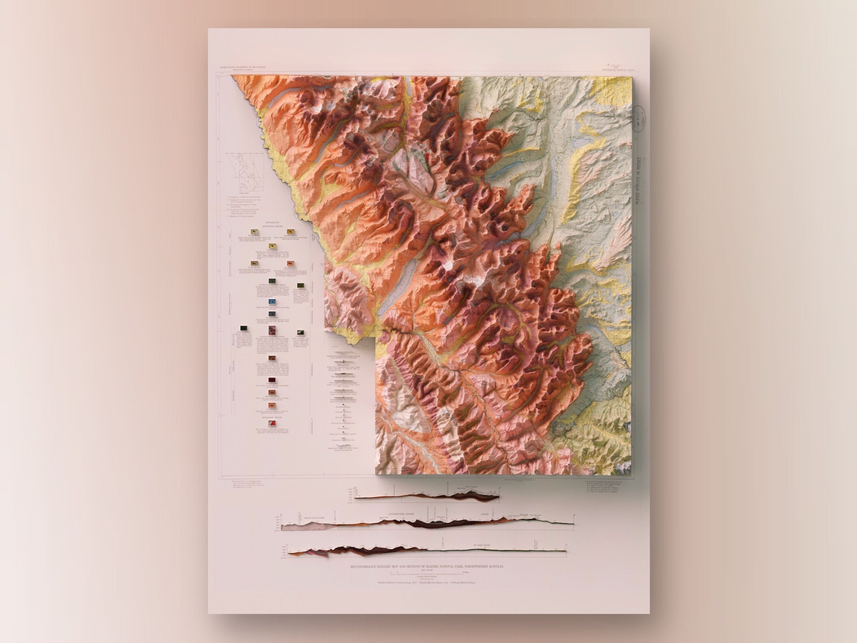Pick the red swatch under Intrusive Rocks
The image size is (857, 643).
click(272, 422)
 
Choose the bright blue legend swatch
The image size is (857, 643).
click(272, 303)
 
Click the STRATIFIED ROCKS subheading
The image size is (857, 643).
click(273, 228)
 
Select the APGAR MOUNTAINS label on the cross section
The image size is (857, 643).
click(315, 518)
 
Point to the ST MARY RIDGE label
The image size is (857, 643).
click(482, 545)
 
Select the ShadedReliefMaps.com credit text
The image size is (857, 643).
click(427, 582)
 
